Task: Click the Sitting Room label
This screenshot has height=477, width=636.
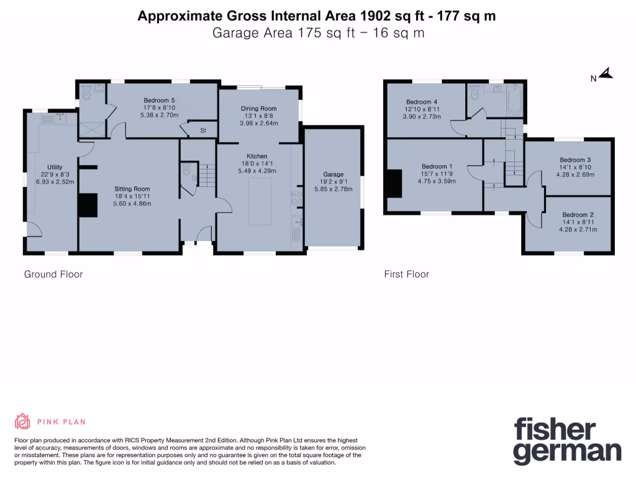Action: pos(132,189)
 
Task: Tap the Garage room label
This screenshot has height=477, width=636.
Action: pos(333,175)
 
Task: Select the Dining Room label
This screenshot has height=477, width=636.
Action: pos(258,109)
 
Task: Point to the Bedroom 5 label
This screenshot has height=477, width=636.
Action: pos(159,101)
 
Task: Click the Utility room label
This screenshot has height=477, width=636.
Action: pos(55,167)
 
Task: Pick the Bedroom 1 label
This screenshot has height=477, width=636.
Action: pos(437,166)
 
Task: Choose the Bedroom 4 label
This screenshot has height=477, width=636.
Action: pos(422,102)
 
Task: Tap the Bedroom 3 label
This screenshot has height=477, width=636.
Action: pos(575,160)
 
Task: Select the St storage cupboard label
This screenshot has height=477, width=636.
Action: pos(202,130)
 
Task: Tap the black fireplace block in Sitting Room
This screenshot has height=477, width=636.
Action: pos(88,205)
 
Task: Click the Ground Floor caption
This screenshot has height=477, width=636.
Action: pos(53,274)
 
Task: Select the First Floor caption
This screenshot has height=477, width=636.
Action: pos(407,274)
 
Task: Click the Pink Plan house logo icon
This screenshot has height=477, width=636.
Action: pos(23,421)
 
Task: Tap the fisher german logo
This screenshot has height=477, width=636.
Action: pos(567,440)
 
